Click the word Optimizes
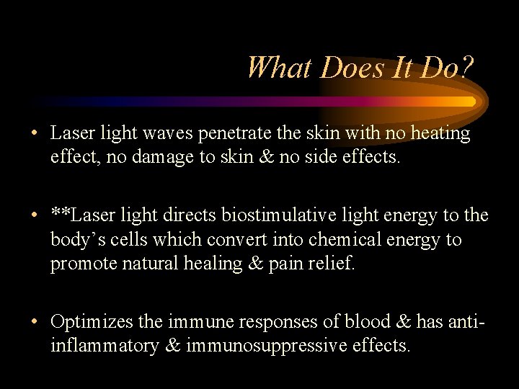pos(91,322)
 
